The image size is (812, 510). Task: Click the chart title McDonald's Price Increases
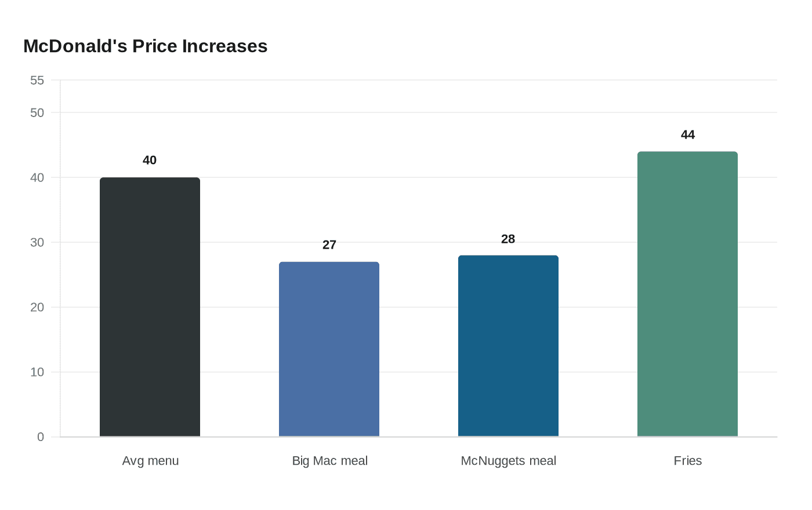click(145, 46)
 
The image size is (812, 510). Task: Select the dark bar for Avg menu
click(150, 307)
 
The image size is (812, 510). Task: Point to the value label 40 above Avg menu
click(150, 161)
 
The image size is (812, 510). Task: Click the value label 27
click(329, 245)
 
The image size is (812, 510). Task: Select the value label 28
click(508, 239)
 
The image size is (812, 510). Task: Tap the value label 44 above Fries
click(687, 135)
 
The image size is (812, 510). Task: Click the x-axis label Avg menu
click(150, 461)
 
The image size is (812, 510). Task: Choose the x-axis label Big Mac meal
click(329, 461)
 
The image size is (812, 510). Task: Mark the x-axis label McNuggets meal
click(508, 461)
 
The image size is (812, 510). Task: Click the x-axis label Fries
click(687, 461)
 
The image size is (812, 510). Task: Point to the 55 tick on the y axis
click(37, 81)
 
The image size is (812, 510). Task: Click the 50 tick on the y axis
click(37, 112)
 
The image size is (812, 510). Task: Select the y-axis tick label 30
click(37, 242)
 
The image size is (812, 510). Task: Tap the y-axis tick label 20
click(37, 307)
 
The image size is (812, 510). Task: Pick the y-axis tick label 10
click(37, 372)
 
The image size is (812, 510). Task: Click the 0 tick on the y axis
click(41, 437)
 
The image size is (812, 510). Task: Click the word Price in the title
click(155, 46)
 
